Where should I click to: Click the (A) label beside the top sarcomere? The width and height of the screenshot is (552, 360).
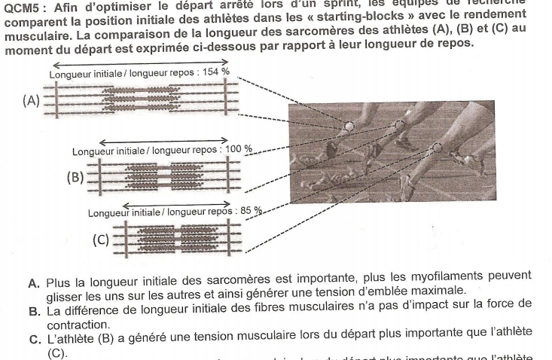32,101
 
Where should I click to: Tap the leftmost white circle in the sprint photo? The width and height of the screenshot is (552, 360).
348,126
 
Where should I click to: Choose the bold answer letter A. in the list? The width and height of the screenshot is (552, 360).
34,284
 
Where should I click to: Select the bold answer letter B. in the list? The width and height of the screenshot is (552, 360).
34,310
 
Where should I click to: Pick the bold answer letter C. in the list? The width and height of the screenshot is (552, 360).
34,337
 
